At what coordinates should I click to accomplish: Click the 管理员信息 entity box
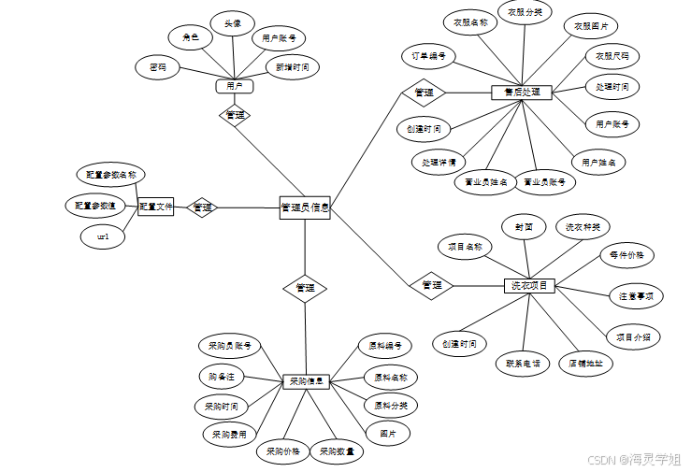(305, 207)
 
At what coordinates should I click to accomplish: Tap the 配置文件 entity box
(156, 207)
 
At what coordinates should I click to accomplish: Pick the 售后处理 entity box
(522, 93)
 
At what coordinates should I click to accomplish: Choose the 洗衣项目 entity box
(529, 285)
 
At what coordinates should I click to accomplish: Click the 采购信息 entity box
(307, 381)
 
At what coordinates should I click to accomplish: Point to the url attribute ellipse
(104, 237)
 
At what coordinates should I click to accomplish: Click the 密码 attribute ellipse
(158, 67)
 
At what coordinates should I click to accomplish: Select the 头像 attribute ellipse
(233, 22)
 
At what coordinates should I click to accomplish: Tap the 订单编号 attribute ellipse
(427, 56)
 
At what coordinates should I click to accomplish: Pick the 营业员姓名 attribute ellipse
(486, 182)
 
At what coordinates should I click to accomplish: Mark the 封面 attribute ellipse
(524, 227)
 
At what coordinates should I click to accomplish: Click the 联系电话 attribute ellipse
(523, 364)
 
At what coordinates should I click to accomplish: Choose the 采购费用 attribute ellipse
(229, 434)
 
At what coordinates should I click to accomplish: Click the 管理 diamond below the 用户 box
(236, 115)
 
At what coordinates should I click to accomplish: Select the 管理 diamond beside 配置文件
(202, 207)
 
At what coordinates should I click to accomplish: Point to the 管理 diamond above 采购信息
(305, 287)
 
